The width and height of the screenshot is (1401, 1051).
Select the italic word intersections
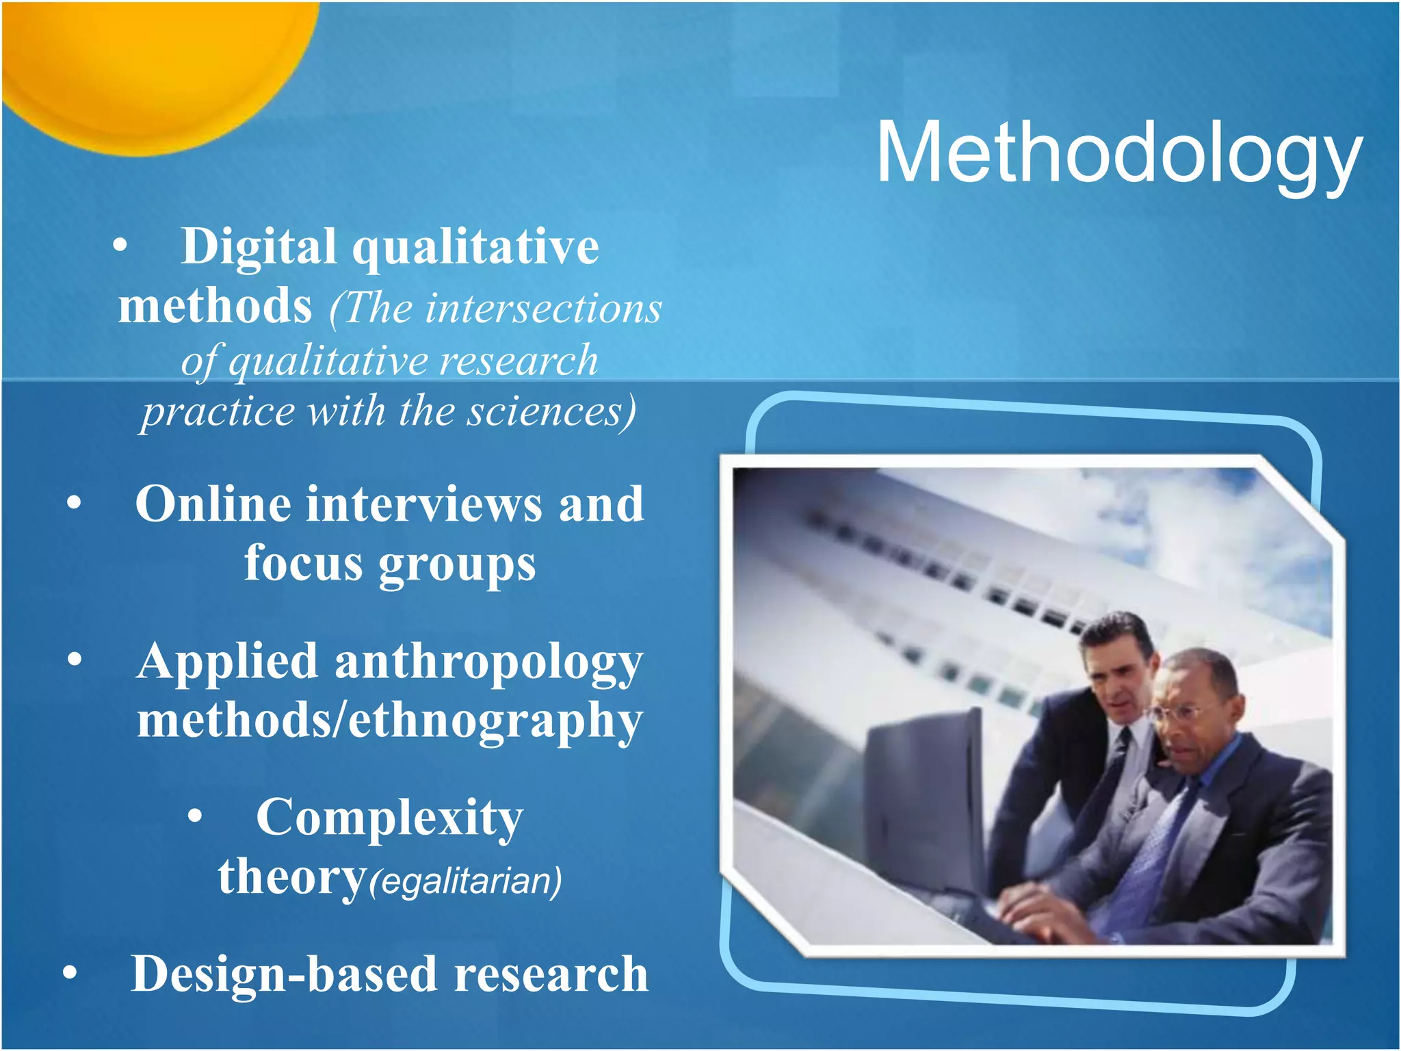pos(543,308)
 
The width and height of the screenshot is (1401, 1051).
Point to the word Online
pos(213,504)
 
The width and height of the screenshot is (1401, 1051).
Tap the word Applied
pos(227,662)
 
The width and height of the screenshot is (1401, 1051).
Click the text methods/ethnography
pos(389,721)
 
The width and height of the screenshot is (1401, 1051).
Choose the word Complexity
pos(389,818)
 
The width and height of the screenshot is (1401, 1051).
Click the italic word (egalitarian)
pos(465,881)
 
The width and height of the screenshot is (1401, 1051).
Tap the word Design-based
pos(284,974)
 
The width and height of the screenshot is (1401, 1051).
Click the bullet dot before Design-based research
pos(70,973)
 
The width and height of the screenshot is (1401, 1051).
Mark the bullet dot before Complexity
pos(196,816)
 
